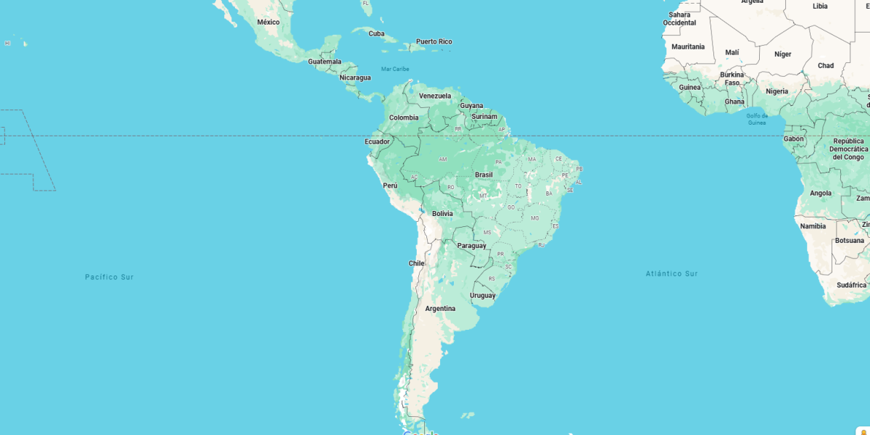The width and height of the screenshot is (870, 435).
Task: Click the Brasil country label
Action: (x=484, y=175)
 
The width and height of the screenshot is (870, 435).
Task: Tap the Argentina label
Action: (x=440, y=309)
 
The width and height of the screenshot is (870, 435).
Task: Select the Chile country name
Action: (x=416, y=263)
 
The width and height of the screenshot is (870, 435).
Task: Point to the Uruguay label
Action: (x=482, y=295)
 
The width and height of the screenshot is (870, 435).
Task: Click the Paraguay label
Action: (x=471, y=246)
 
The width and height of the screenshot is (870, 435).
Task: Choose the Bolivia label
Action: (x=442, y=214)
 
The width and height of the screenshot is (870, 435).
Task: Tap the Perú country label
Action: (x=390, y=186)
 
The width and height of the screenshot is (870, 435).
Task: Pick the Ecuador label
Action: (x=377, y=141)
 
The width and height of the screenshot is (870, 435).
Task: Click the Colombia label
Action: (x=404, y=117)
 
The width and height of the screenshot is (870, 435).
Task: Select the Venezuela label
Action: (x=435, y=96)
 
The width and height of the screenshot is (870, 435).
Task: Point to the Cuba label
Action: (x=376, y=33)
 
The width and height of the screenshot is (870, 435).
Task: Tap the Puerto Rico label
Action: (x=434, y=41)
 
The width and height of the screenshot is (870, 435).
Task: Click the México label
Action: (x=268, y=22)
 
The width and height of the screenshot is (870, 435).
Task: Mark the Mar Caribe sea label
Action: (x=395, y=69)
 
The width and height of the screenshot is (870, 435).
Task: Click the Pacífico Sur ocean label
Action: (x=109, y=277)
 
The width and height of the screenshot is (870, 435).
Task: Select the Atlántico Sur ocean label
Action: (x=671, y=273)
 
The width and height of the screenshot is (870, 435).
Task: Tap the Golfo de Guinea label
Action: (x=757, y=119)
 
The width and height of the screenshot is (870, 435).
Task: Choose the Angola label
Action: (x=821, y=193)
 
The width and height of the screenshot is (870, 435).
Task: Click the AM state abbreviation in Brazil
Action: (x=443, y=159)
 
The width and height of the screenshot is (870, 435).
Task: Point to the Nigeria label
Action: (x=776, y=91)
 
